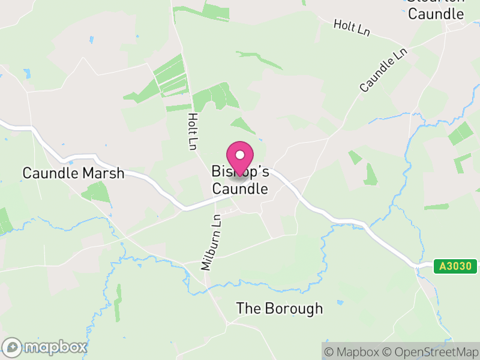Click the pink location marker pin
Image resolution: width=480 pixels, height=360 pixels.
pyautogui.click(x=240, y=158)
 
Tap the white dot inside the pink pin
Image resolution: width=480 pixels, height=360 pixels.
pyautogui.click(x=240, y=154)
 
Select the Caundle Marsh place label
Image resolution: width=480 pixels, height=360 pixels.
pyautogui.click(x=73, y=173)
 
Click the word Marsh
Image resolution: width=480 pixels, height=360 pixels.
pyautogui.click(x=103, y=173)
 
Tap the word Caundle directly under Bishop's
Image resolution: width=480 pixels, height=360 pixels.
pyautogui.click(x=240, y=189)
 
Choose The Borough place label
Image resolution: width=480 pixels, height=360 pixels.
pyautogui.click(x=279, y=308)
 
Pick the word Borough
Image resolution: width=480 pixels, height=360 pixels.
pyautogui.click(x=294, y=308)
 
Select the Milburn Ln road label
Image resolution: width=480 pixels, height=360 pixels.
pyautogui.click(x=209, y=243)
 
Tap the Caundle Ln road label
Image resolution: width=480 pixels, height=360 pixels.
pyautogui.click(x=383, y=71)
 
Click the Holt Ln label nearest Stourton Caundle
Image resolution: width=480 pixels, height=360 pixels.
pyautogui.click(x=352, y=27)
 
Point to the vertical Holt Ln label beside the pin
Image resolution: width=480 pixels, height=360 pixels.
pyautogui.click(x=192, y=131)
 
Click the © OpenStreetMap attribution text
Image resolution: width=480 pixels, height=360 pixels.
pyautogui.click(x=430, y=352)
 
